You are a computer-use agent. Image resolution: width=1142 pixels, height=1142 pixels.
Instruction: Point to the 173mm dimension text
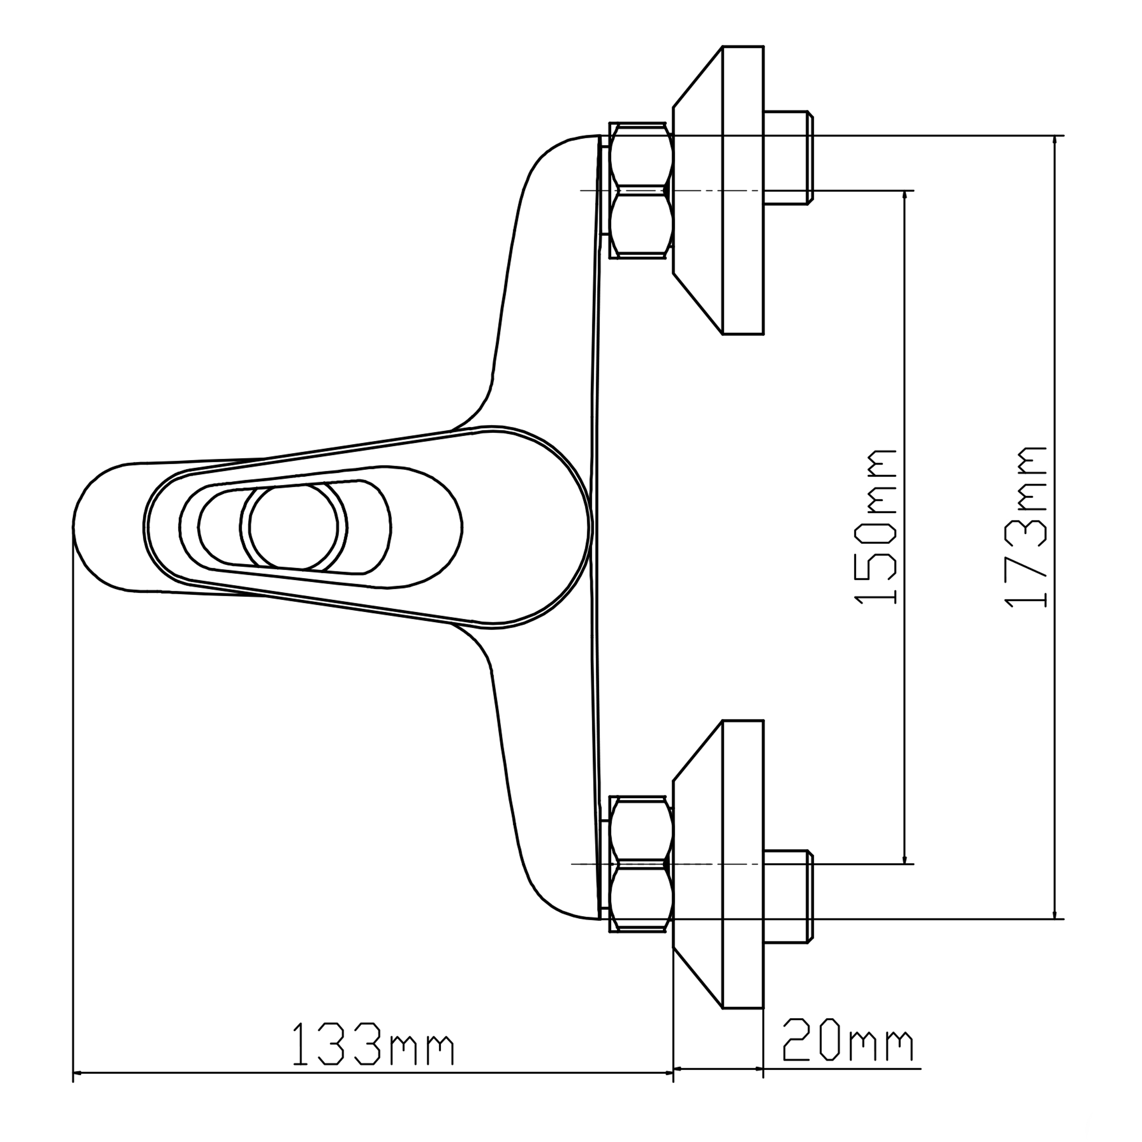pyautogui.click(x=1025, y=526)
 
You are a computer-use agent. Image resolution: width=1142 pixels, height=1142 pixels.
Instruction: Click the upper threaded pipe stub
pyautogui.click(x=789, y=158)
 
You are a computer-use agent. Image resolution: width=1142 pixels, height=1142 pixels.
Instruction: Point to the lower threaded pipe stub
pyautogui.click(x=789, y=897)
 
